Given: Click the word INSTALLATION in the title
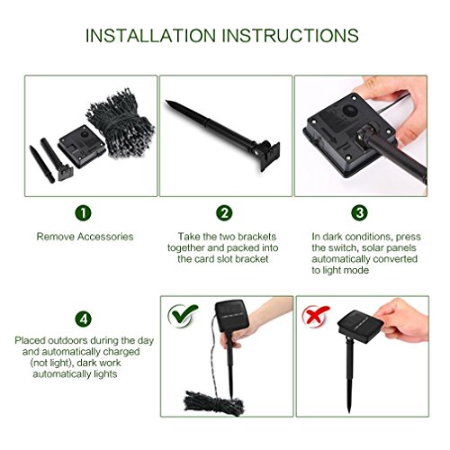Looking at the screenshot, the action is point(151,35).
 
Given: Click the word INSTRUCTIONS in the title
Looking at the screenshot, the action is point(290,35).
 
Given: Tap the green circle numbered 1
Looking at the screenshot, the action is point(83,213).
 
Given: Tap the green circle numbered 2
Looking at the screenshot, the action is point(224,213).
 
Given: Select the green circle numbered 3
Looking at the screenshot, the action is point(359,213).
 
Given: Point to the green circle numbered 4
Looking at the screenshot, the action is point(83,319).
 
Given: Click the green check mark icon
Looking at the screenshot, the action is point(182,314).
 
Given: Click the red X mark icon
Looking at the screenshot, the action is point(315,315).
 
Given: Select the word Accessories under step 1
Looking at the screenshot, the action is point(105,237).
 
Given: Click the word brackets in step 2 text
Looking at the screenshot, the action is point(256,237).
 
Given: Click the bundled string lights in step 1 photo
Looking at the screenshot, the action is point(121,123).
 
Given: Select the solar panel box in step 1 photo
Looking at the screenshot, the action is point(82,147).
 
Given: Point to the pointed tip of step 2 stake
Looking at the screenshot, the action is point(166,102).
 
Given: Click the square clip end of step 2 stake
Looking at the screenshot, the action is point(269,156).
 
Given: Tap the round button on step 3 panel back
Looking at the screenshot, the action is point(350,111).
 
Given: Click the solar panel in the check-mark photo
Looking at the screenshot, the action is point(232,315).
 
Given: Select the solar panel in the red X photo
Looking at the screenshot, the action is point(360,327).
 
